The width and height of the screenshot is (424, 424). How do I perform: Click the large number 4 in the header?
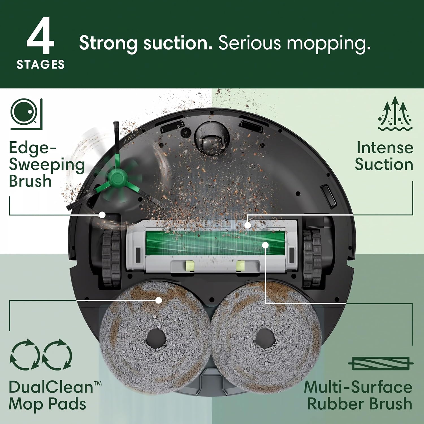click(40, 36)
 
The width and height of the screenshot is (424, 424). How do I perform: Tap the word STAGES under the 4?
click(41, 65)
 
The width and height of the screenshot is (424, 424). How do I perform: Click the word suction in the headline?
click(178, 43)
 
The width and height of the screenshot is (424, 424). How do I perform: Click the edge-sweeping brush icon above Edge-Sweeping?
click(26, 114)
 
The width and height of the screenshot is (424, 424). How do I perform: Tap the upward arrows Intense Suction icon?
click(395, 114)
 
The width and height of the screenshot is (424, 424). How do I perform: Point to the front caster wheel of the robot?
click(211, 139)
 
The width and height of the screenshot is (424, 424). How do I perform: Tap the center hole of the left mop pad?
click(156, 338)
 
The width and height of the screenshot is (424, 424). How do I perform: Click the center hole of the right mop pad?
click(265, 338)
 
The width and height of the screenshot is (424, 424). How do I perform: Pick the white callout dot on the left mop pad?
click(159, 300)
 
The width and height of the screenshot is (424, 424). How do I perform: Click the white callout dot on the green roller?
click(265, 245)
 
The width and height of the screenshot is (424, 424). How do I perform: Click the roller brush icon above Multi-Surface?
click(380, 364)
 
